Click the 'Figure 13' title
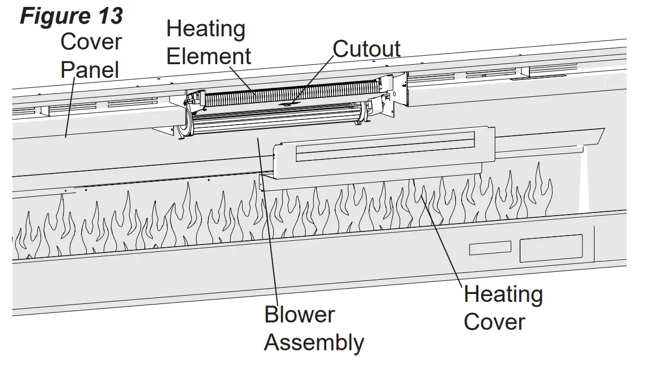(x=71, y=16)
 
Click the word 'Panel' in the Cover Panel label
(x=89, y=69)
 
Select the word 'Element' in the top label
(x=209, y=56)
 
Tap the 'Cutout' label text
(x=366, y=49)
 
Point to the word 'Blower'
(x=299, y=315)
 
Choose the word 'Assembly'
(x=314, y=342)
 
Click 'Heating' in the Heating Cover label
(x=503, y=295)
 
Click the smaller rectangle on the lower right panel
(x=489, y=248)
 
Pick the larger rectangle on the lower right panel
(x=550, y=248)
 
